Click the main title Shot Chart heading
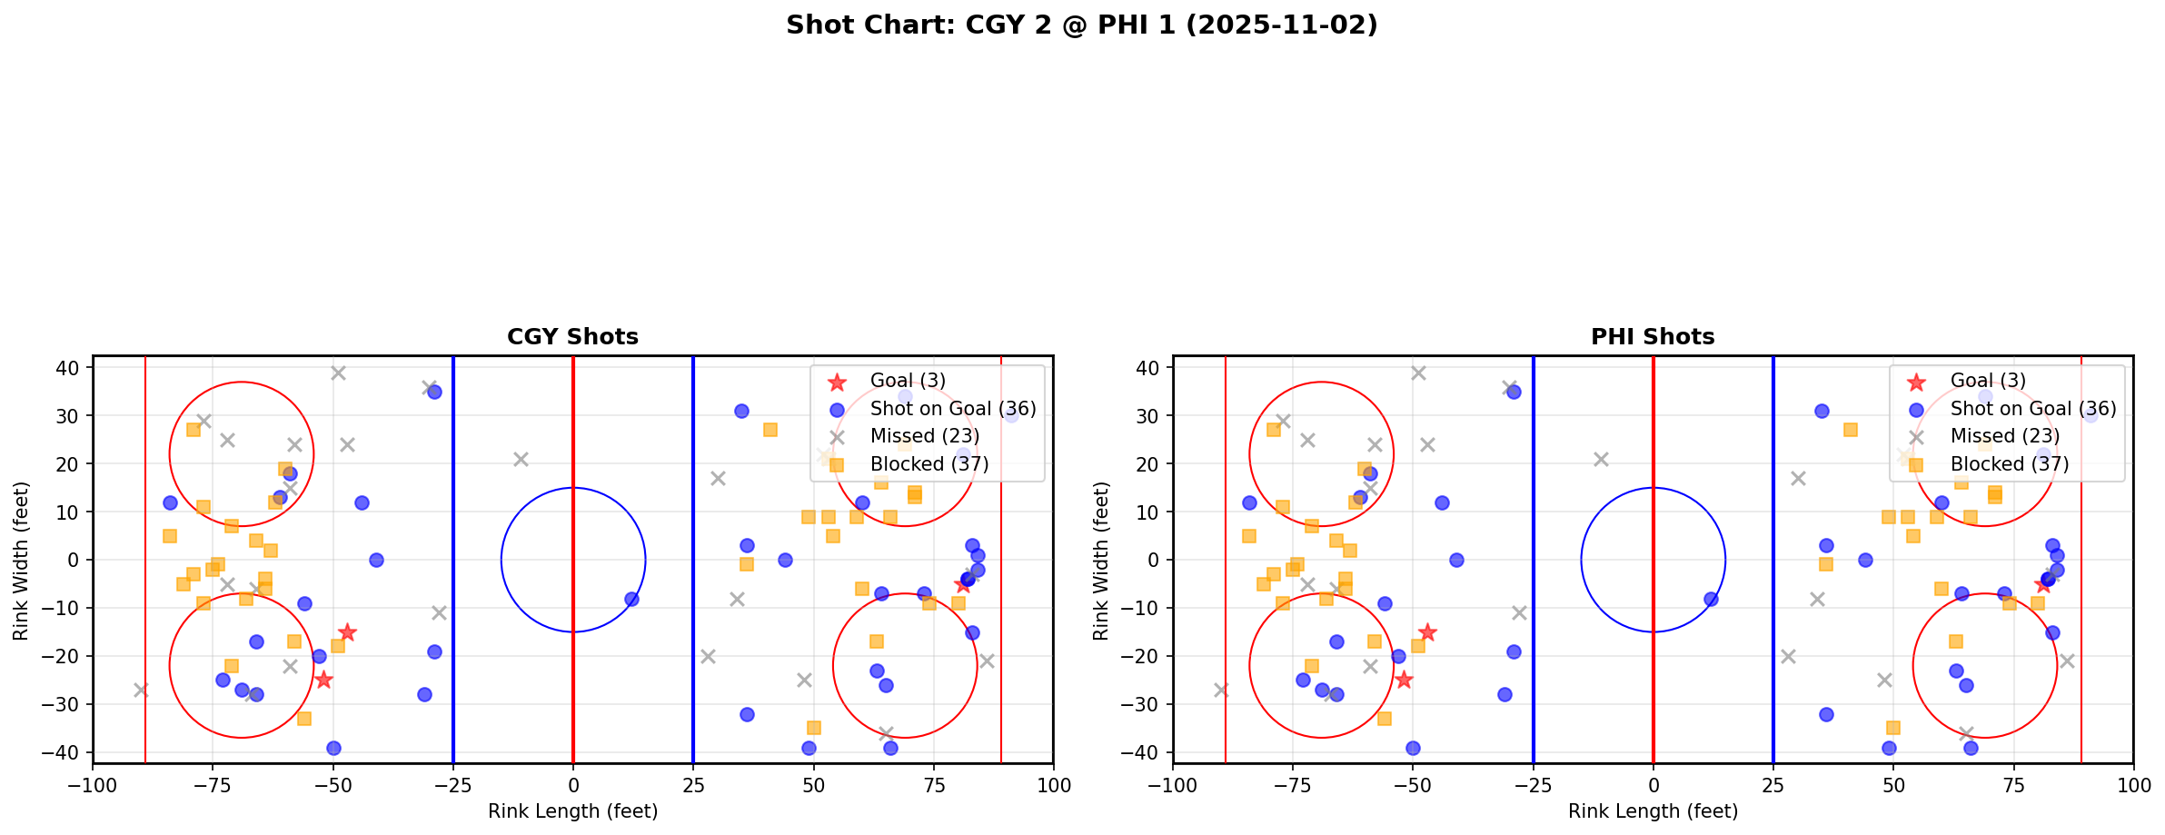click(1081, 25)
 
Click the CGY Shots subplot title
click(572, 337)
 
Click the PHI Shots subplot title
click(1652, 337)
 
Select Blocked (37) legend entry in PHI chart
click(2009, 464)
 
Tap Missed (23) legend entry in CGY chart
click(916, 436)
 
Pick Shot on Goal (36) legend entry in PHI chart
click(2032, 409)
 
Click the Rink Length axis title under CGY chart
click(572, 811)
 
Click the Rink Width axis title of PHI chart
click(1101, 560)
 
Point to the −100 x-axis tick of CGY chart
click(93, 785)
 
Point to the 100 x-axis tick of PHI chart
click(2132, 785)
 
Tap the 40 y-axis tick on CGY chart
click(71, 368)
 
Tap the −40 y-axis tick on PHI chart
click(1147, 752)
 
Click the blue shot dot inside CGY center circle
click(631, 599)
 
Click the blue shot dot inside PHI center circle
click(1711, 599)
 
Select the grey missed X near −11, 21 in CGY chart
click(521, 459)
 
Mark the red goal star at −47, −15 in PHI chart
click(1427, 632)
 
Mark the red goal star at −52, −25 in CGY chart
click(323, 680)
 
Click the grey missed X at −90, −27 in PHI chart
click(1221, 690)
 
